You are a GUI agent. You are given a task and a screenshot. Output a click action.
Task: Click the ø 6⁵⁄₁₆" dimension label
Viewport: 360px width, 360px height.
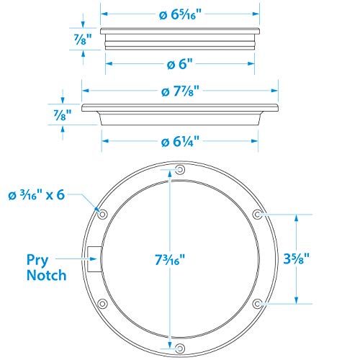pos(179,14)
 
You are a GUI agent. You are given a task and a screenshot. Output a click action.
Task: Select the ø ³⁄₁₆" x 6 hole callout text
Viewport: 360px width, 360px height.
pos(40,195)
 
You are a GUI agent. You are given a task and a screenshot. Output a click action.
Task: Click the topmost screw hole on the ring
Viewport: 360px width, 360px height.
pos(179,170)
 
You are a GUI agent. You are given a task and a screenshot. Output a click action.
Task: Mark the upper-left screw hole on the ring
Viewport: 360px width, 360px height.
pos(102,215)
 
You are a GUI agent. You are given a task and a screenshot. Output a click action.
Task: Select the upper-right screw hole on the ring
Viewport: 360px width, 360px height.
pos(257,214)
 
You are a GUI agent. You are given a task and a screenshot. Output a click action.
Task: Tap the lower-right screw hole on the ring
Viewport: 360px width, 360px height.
pos(257,303)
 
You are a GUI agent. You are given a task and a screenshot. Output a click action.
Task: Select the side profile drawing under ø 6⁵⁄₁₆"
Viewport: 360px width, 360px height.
pos(179,39)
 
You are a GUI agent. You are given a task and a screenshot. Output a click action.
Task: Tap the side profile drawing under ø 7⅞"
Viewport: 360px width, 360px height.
pos(179,112)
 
